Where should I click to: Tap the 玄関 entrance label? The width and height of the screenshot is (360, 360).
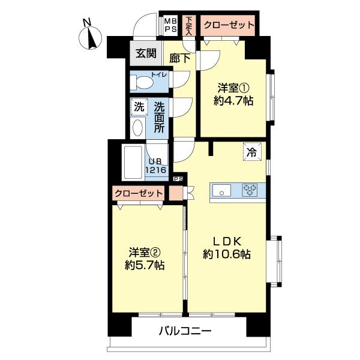pyautogui.click(x=145, y=53)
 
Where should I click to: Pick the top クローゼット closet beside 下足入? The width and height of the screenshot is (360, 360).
pyautogui.click(x=228, y=25)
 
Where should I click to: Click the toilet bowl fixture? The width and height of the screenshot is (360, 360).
pyautogui.click(x=144, y=82)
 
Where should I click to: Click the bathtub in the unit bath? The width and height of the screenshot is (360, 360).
pyautogui.click(x=134, y=163)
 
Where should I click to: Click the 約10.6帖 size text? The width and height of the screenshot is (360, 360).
pyautogui.click(x=226, y=254)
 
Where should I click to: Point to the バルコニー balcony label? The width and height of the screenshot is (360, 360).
pyautogui.click(x=185, y=331)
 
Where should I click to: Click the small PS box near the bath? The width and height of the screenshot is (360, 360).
pyautogui.click(x=178, y=178)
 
